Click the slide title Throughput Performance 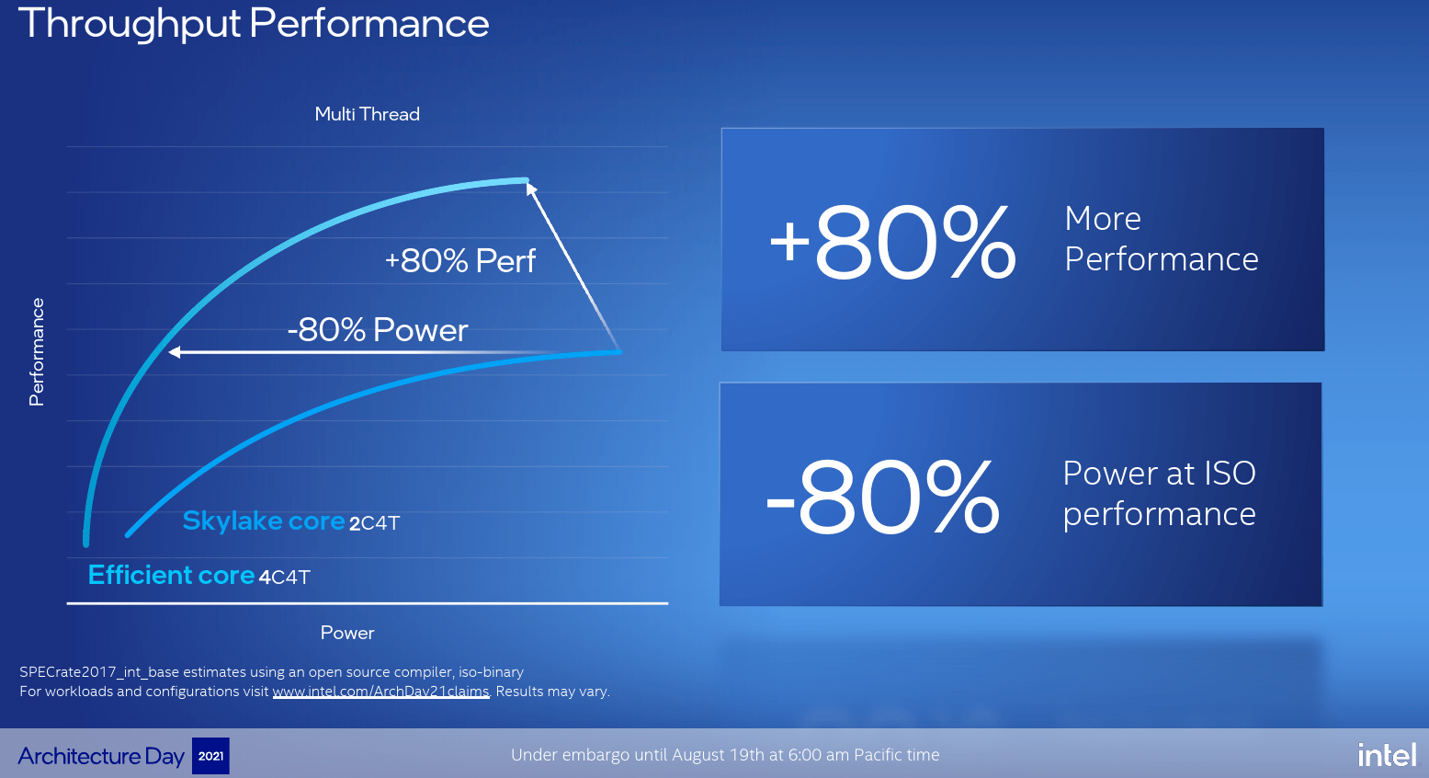click(x=254, y=24)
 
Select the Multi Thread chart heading click(x=367, y=114)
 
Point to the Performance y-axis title click(x=37, y=351)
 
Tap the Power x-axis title click(x=346, y=633)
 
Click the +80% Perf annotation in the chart click(x=459, y=261)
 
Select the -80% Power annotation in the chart click(x=378, y=329)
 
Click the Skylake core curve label click(x=264, y=521)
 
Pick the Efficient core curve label click(x=171, y=576)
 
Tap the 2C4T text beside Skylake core click(x=374, y=523)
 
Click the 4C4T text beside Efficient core click(x=285, y=578)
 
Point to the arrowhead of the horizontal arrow click(x=175, y=352)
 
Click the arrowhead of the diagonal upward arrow click(x=531, y=189)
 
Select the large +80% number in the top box click(x=892, y=242)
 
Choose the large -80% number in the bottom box click(x=883, y=497)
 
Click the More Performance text click(x=1161, y=239)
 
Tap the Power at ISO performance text click(x=1159, y=494)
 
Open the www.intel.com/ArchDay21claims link click(x=380, y=692)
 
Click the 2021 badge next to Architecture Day click(x=210, y=756)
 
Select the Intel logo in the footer click(x=1387, y=755)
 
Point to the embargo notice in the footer click(x=725, y=755)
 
